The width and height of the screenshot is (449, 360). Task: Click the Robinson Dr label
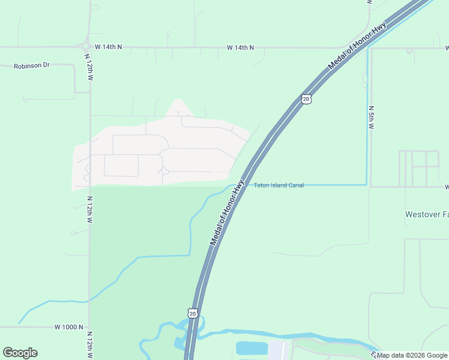pyautogui.click(x=32, y=65)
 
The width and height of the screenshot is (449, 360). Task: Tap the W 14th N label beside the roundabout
pyautogui.click(x=108, y=46)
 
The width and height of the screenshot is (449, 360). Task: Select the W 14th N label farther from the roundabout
pyautogui.click(x=240, y=47)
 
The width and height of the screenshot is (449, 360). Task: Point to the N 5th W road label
pyautogui.click(x=371, y=118)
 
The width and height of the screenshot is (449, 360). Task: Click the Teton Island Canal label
pyautogui.click(x=279, y=185)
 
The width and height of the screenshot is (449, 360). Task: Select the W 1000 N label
pyautogui.click(x=68, y=327)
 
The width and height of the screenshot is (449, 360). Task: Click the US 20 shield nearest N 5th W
pyautogui.click(x=306, y=99)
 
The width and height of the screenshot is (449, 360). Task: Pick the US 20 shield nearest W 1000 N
pyautogui.click(x=191, y=313)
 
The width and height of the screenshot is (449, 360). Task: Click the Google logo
pyautogui.click(x=20, y=353)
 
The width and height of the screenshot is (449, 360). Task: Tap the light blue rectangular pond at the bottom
pyautogui.click(x=252, y=347)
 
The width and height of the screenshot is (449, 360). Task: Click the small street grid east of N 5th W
pyautogui.click(x=419, y=168)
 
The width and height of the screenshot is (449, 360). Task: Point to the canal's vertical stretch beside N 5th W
pyautogui.click(x=367, y=120)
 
